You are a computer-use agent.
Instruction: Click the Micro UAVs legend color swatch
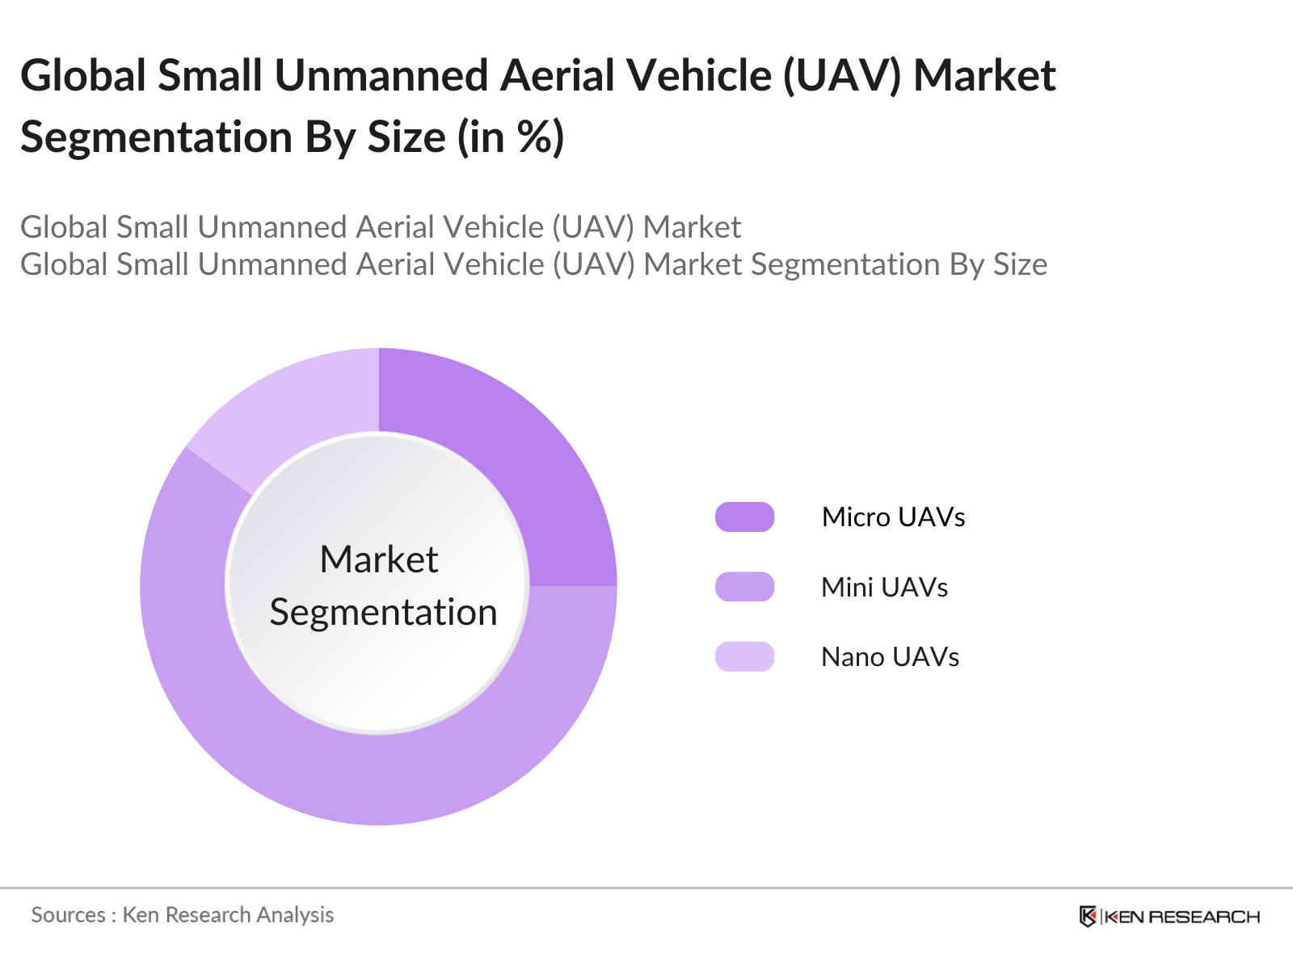point(744,517)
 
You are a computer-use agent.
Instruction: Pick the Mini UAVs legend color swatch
point(744,587)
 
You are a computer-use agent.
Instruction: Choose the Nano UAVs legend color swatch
point(744,656)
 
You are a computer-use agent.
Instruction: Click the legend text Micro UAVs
point(893,517)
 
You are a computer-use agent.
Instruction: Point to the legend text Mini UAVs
point(884,588)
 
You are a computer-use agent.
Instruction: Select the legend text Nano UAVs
point(890,657)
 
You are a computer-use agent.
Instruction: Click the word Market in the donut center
point(379,559)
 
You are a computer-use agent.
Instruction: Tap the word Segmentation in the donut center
point(383,612)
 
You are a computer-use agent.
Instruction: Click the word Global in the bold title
point(82,76)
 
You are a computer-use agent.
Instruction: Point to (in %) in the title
point(511,137)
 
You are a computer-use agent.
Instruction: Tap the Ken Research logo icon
point(1088,916)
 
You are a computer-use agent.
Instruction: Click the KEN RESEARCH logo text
point(1181,917)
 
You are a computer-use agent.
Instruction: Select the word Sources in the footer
point(68,915)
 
